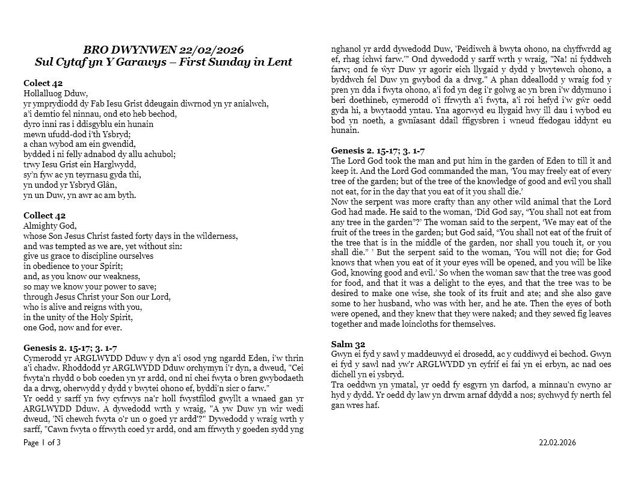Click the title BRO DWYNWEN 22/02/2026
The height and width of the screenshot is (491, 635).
164,50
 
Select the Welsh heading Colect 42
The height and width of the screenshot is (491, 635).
43,83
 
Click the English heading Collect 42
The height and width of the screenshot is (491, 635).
44,215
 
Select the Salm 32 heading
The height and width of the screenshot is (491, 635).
348,344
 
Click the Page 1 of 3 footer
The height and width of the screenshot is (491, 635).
42,443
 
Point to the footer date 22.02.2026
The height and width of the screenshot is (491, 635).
557,443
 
